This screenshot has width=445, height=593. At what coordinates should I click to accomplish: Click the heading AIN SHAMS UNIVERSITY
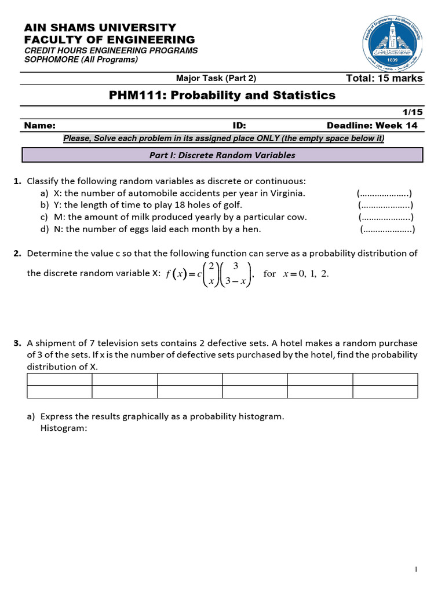click(x=100, y=28)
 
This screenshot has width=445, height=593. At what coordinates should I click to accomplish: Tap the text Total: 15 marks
click(x=384, y=78)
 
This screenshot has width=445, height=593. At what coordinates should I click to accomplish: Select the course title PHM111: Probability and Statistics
click(x=222, y=95)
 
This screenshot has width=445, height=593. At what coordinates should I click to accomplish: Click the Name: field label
click(x=40, y=126)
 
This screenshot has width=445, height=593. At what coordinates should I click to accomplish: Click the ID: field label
click(x=239, y=126)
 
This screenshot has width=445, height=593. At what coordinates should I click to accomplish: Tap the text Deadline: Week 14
click(x=371, y=126)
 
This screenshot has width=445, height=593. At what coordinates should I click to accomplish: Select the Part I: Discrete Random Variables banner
click(x=222, y=155)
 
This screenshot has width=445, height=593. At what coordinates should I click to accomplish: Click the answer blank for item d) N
click(x=387, y=229)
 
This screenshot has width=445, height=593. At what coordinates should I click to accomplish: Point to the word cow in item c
click(x=296, y=217)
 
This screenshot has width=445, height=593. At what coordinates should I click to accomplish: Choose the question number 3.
click(x=17, y=343)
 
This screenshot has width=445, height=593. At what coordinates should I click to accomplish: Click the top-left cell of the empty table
click(x=60, y=379)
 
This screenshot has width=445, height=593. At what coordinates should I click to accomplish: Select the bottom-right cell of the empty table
click(x=385, y=392)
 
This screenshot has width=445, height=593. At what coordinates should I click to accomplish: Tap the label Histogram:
click(x=64, y=428)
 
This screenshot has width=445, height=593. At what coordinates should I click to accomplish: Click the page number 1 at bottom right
click(x=416, y=570)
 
